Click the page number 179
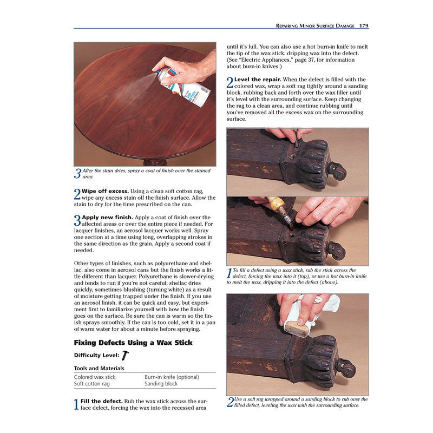pyautogui.click(x=364, y=25)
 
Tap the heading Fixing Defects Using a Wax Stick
pyautogui.click(x=133, y=343)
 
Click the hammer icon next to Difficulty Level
pyautogui.click(x=126, y=355)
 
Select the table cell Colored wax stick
pyautogui.click(x=95, y=377)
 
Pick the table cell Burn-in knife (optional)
pyautogui.click(x=172, y=377)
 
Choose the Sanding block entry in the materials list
pyautogui.click(x=161, y=384)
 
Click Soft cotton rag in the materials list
pyautogui.click(x=91, y=384)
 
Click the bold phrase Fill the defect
pyautogui.click(x=101, y=401)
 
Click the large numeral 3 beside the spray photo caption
pyautogui.click(x=77, y=174)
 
